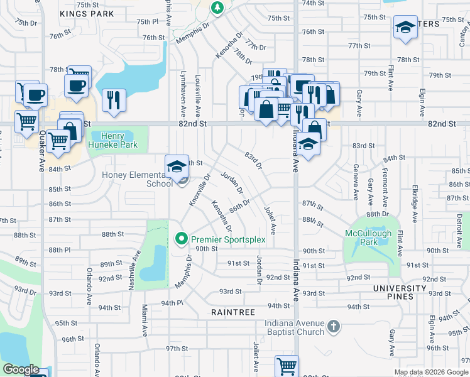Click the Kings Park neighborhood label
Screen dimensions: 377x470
(87, 13)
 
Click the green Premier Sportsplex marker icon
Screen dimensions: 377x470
(182, 239)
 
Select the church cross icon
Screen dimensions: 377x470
(334, 326)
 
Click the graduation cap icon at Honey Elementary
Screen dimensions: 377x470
(177, 167)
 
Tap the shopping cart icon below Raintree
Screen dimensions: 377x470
(287, 365)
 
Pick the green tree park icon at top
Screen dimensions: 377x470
(217, 8)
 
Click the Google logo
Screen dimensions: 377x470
(21, 369)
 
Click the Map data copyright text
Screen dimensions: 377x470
(432, 372)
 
